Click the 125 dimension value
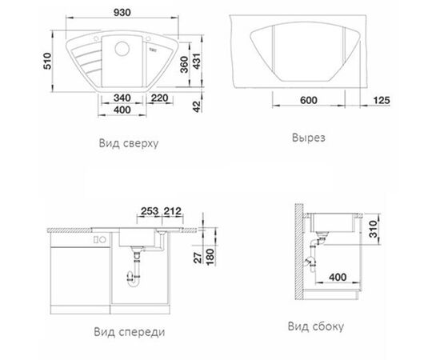point(382,100)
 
